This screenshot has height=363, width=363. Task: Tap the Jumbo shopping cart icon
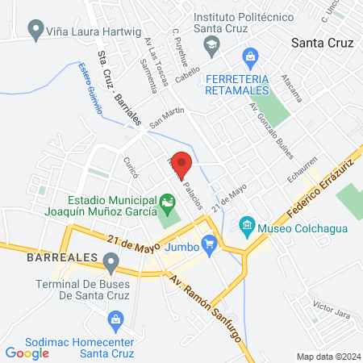click(210, 242)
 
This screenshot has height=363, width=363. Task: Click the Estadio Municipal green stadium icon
click(167, 201)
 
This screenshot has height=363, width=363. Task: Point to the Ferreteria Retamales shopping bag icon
click(251, 56)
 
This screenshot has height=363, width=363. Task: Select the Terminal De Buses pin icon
click(111, 261)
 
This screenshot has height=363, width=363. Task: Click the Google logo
click(27, 353)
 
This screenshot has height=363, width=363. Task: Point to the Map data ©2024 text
click(328, 357)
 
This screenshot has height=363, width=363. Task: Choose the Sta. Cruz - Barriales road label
click(118, 89)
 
